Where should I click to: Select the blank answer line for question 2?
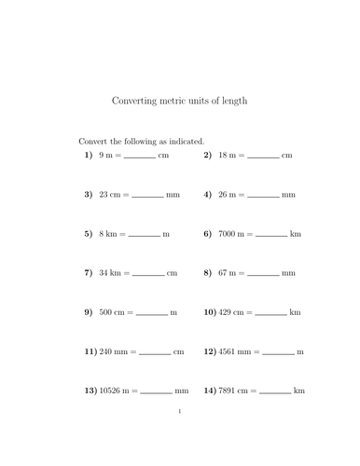[263, 158]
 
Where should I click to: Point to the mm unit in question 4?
[288, 195]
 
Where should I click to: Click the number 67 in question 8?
[224, 273]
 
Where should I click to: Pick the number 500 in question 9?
[106, 312]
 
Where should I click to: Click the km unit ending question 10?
[295, 312]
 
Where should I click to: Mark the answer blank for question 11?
[155, 354]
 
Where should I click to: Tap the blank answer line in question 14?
[275, 393]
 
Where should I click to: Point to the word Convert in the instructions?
[94, 141]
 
